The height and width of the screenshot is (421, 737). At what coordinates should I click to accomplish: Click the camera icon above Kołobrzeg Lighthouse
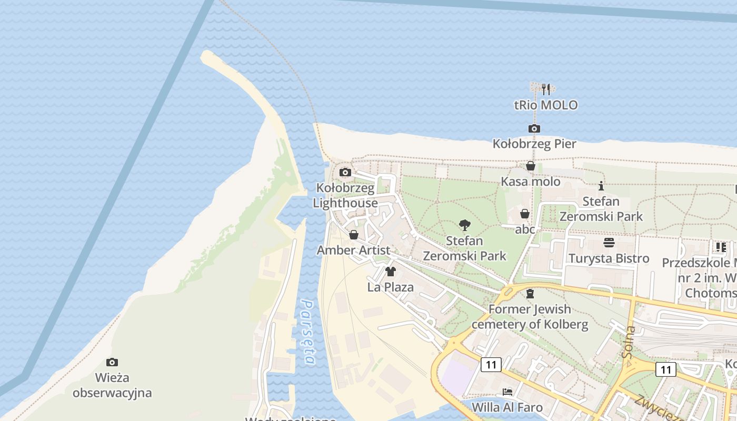click(345, 172)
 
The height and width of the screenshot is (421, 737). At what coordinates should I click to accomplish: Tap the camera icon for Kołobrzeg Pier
click(534, 128)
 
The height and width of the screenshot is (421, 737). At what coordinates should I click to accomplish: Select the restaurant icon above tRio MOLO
click(546, 89)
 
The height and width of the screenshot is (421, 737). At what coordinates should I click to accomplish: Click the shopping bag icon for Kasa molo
click(531, 166)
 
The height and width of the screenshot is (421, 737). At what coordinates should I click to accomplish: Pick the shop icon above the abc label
click(525, 214)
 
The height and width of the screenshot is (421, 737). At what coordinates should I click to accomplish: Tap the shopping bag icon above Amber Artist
click(354, 235)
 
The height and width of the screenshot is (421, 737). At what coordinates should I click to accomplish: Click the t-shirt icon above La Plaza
click(391, 272)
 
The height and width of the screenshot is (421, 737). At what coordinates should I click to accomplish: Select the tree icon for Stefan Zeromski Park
click(464, 225)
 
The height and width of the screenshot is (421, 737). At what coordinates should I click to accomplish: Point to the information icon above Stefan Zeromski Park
click(601, 186)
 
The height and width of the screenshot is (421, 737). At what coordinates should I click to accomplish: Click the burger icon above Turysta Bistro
click(609, 243)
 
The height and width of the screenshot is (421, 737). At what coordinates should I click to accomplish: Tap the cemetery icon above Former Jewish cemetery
click(530, 293)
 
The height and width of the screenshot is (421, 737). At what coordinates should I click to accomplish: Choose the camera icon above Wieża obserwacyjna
click(112, 362)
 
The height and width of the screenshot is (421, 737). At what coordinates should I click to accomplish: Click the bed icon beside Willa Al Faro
click(507, 392)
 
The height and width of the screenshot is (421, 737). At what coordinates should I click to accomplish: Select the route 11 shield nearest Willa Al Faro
click(491, 364)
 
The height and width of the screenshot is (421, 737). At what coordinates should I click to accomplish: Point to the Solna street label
click(629, 342)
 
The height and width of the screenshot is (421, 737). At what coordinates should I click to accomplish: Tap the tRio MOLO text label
click(546, 105)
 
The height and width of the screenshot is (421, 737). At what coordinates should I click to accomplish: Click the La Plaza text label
click(391, 287)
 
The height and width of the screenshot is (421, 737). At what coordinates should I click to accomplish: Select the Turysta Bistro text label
click(609, 258)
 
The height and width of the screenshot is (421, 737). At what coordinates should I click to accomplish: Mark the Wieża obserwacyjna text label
click(112, 385)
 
